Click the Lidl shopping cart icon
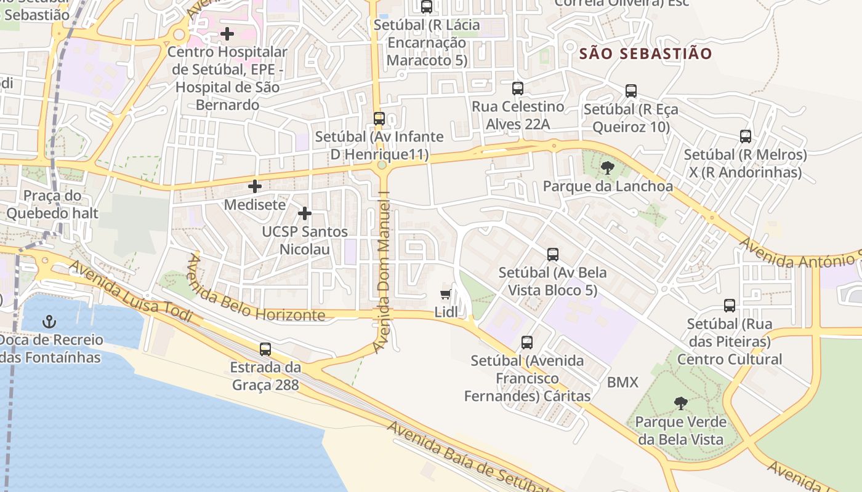pyautogui.click(x=446, y=295)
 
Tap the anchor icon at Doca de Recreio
pyautogui.click(x=49, y=322)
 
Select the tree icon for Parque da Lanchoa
pyautogui.click(x=607, y=168)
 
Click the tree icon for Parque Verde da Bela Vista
pyautogui.click(x=680, y=403)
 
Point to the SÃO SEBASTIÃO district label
pyautogui.click(x=645, y=54)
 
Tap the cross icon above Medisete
pyautogui.click(x=255, y=186)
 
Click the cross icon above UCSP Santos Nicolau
pyautogui.click(x=304, y=213)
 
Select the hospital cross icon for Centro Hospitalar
pyautogui.click(x=227, y=33)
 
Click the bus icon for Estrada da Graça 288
pyautogui.click(x=265, y=349)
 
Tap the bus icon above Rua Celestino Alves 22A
pyautogui.click(x=517, y=88)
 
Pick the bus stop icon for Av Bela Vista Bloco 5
pyautogui.click(x=552, y=254)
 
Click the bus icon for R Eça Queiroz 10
pyautogui.click(x=630, y=91)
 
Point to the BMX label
pyautogui.click(x=622, y=382)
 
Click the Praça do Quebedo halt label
pyautogui.click(x=52, y=205)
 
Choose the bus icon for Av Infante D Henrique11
pyautogui.click(x=379, y=118)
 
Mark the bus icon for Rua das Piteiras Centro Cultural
pyautogui.click(x=729, y=305)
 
